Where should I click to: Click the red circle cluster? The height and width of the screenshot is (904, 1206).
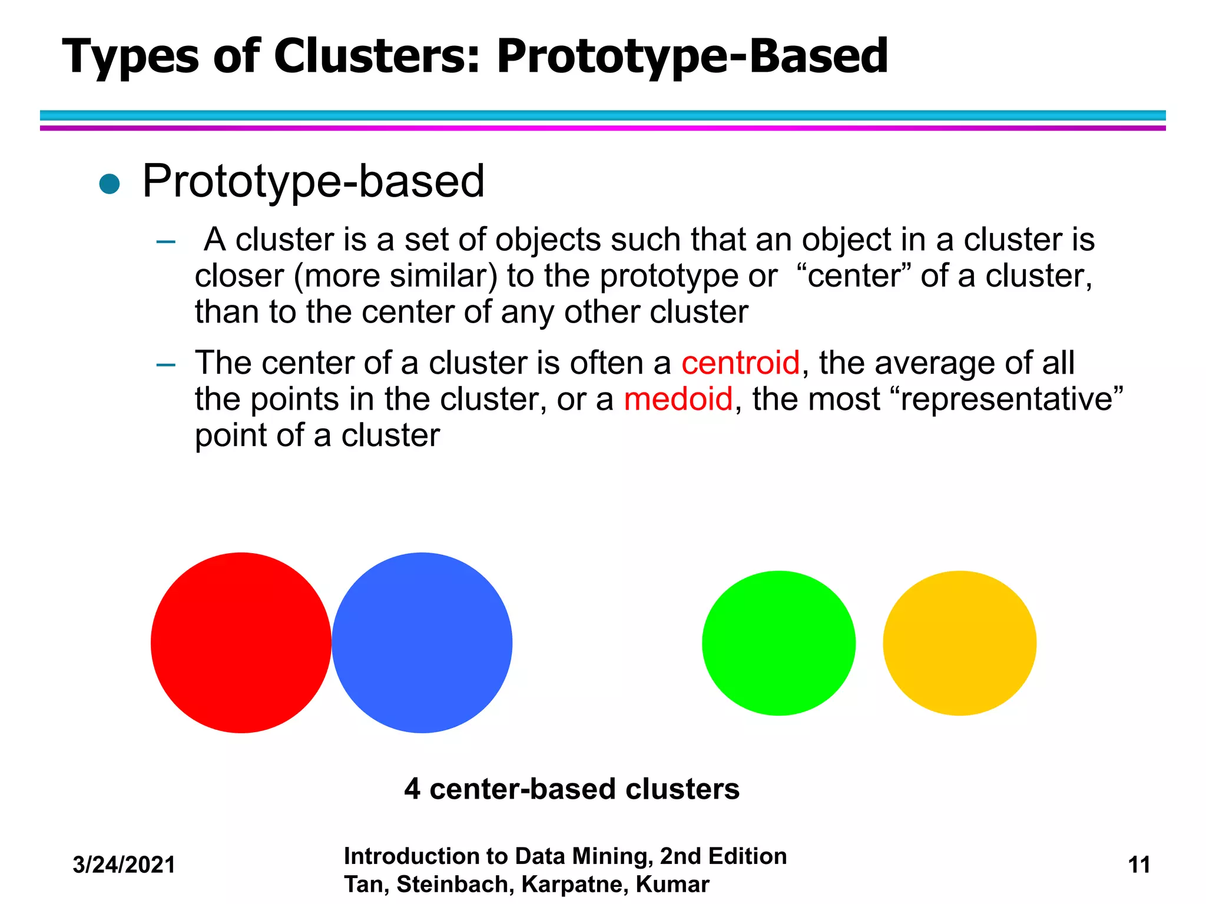(241, 643)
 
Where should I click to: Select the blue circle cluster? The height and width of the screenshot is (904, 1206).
(422, 643)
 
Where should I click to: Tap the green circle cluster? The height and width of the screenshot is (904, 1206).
(778, 643)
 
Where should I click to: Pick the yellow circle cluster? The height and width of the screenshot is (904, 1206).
(959, 643)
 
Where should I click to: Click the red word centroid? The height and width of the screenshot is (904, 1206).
(740, 363)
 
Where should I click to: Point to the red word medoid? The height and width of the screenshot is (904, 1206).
(678, 399)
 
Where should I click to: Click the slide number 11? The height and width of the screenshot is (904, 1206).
(1139, 865)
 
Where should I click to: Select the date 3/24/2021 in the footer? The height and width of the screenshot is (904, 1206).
(124, 865)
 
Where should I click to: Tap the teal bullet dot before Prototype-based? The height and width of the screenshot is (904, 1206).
(110, 184)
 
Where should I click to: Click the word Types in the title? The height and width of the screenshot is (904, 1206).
(131, 57)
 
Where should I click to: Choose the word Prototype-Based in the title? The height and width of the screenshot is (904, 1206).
(692, 57)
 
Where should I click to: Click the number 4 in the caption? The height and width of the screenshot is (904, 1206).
(412, 789)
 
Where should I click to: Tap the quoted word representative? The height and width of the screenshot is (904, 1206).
(1007, 399)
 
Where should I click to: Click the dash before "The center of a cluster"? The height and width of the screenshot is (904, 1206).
(166, 365)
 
